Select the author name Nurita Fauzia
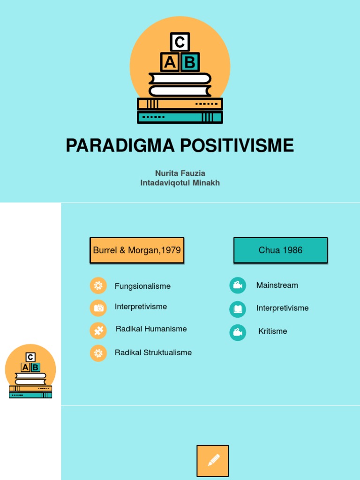tap(180, 173)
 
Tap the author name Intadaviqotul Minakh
tap(180, 183)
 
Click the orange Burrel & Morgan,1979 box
tap(137, 250)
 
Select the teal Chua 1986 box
tap(280, 250)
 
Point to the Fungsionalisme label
tap(142, 286)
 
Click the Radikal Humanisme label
tap(151, 329)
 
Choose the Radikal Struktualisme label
tap(153, 352)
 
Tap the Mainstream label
tap(277, 285)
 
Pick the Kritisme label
tap(272, 331)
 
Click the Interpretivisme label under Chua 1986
tap(282, 308)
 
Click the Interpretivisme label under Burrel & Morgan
tap(141, 307)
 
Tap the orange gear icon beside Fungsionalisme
tap(98, 285)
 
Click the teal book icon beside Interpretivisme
tap(238, 309)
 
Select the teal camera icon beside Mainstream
tap(238, 285)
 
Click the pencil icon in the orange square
tap(212, 461)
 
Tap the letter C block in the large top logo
tap(180, 42)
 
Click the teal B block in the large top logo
tap(190, 62)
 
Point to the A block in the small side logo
tap(25, 367)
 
